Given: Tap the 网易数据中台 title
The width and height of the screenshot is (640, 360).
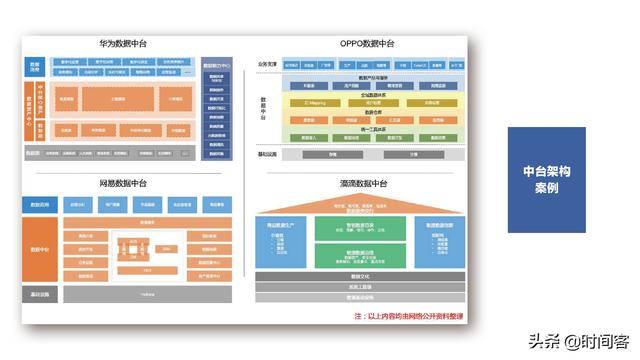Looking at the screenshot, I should click(123, 184).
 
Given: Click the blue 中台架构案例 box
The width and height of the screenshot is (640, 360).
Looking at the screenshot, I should click(545, 180).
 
